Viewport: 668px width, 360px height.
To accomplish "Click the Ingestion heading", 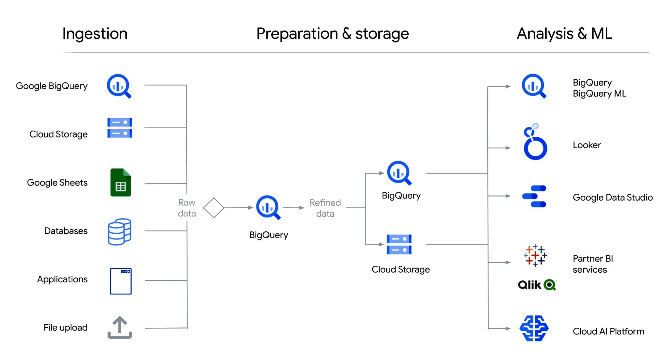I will coord(95,34).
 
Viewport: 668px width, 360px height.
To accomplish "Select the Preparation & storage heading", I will coord(332,34).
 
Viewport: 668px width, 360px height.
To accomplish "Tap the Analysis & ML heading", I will coord(564,34).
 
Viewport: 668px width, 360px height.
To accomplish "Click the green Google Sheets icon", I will coord(120,182).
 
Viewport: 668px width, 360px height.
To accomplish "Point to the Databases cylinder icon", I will coord(120,232).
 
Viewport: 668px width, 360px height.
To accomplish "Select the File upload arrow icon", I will coord(120,327).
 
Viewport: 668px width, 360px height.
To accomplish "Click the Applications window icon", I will coord(121,281).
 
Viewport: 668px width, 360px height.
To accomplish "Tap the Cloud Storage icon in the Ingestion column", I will coord(120,128).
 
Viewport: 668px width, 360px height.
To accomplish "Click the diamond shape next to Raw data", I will coord(214,208).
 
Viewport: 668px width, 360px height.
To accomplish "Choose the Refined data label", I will coord(325,208).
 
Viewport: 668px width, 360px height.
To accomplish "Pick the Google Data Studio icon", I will coord(534,196).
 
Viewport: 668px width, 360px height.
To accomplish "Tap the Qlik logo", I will coord(537,284).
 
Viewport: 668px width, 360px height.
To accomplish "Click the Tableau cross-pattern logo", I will coord(535,255).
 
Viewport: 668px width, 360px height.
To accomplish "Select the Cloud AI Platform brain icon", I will coord(534,328).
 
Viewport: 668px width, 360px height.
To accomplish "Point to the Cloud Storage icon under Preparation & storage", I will coord(399,244).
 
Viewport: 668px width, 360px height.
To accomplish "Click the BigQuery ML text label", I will coord(599,93).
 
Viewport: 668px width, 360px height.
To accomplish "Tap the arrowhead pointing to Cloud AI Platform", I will coord(508,328).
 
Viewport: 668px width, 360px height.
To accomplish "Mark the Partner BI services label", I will coord(592,264).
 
